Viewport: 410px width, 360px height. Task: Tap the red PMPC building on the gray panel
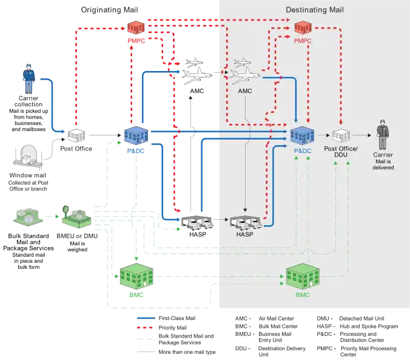pyautogui.click(x=302, y=27)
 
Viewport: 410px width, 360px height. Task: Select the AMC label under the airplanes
pyautogui.click(x=245, y=90)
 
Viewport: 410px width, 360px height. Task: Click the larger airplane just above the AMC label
pyautogui.click(x=246, y=75)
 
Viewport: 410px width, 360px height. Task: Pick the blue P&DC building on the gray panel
pyautogui.click(x=301, y=135)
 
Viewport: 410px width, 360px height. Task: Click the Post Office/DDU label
pyautogui.click(x=341, y=151)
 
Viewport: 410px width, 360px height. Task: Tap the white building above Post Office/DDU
pyautogui.click(x=340, y=135)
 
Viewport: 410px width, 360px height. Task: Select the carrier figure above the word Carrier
pyautogui.click(x=382, y=135)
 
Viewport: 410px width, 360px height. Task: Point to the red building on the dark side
pyautogui.click(x=136, y=27)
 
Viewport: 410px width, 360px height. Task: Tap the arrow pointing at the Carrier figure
pyautogui.click(x=362, y=136)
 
